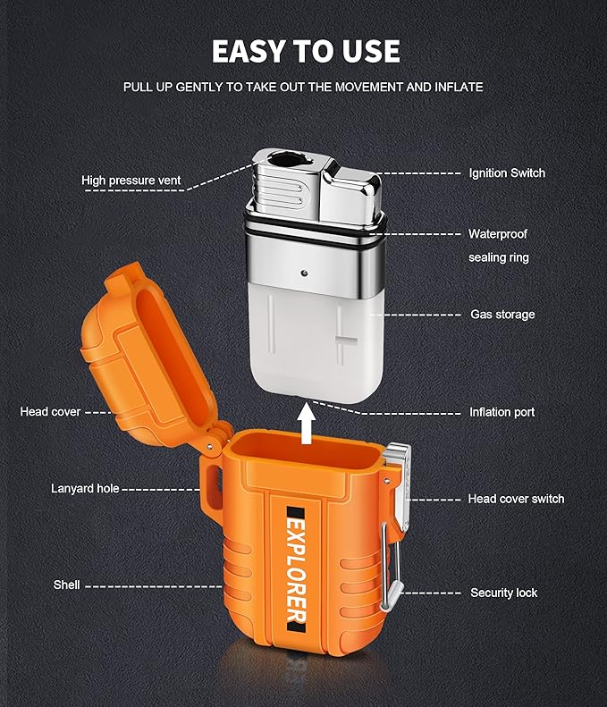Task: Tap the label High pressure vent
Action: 131,181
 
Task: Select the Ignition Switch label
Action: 507,173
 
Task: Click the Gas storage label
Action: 502,315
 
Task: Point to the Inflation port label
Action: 502,412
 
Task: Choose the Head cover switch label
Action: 516,499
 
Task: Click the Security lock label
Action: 503,593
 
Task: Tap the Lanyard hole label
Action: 85,489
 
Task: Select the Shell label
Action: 66,585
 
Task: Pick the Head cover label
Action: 50,412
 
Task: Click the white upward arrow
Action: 308,424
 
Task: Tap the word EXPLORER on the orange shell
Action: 296,570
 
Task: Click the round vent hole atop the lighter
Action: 283,160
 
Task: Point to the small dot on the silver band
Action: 305,273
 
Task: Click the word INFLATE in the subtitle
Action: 459,87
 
